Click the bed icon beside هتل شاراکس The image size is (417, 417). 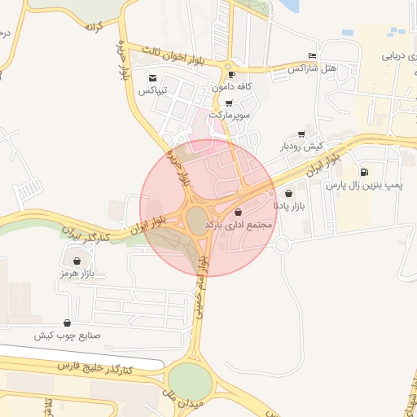click(x=312, y=55)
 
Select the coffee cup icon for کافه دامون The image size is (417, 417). click(x=231, y=74)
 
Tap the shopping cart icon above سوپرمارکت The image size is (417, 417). click(x=228, y=103)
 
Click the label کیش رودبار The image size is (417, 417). click(x=302, y=147)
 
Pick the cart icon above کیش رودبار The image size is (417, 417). click(x=302, y=134)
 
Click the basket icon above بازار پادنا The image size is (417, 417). click(x=291, y=194)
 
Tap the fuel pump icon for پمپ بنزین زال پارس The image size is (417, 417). click(x=363, y=173)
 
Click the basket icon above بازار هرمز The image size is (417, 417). click(x=77, y=261)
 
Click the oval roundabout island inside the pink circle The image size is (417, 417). click(x=196, y=219)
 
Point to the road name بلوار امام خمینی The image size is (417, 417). click(x=204, y=285)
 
